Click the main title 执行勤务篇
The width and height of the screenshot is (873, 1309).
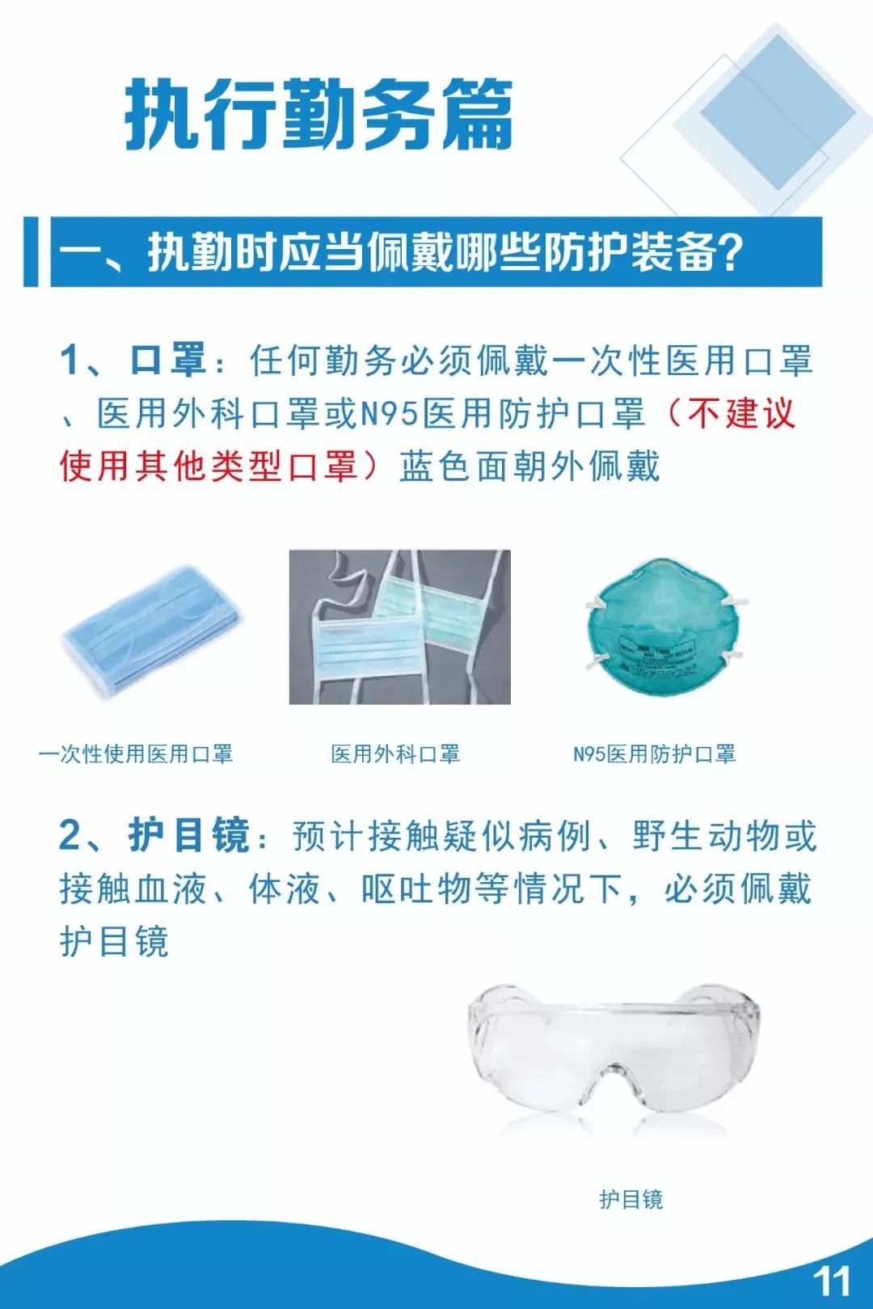pos(319,114)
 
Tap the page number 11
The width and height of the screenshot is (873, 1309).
pos(832,1282)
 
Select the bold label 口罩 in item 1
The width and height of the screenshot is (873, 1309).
pos(167,359)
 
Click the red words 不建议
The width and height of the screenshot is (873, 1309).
pos(740,413)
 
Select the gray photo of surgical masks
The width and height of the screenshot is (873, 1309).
pos(399,627)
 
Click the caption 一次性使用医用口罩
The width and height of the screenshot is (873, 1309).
pos(136,754)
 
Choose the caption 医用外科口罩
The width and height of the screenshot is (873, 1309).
pos(395,754)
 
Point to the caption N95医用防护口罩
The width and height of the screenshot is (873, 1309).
pos(654,754)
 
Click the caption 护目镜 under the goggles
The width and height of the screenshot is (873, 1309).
pos(631,1199)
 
